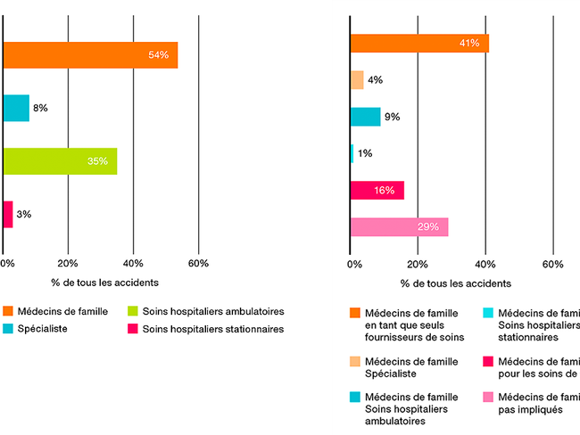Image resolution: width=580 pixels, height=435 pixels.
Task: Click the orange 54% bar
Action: coord(89,55)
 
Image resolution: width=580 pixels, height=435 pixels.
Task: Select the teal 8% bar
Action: coord(16,108)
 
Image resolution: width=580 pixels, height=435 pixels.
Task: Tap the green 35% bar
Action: coord(60,161)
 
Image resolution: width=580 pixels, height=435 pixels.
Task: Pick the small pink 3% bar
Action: coord(8,214)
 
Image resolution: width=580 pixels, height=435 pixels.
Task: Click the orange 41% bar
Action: coord(419,43)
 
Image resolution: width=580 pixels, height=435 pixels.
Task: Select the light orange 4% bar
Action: coord(357,79)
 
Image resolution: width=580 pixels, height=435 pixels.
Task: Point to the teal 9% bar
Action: coord(365,116)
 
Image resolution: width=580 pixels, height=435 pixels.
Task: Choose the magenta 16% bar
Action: coord(377,190)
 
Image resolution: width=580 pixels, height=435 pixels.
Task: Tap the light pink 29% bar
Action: coord(399,226)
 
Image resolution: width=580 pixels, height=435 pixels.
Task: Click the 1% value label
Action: coord(364,153)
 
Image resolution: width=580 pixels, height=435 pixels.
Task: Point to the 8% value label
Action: coord(40,108)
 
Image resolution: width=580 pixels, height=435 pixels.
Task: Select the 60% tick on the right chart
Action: coord(553,264)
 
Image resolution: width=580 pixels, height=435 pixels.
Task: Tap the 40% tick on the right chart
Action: coord(485,264)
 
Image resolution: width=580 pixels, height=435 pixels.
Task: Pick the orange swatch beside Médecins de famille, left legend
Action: coord(8,311)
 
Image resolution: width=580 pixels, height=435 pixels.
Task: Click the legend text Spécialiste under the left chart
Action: coord(44,329)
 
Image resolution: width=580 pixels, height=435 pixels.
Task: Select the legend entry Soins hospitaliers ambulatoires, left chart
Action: coord(212,311)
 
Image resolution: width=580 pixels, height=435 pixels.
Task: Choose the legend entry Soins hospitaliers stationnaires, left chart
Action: coord(212,329)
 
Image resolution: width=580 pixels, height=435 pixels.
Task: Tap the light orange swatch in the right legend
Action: coord(356,362)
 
